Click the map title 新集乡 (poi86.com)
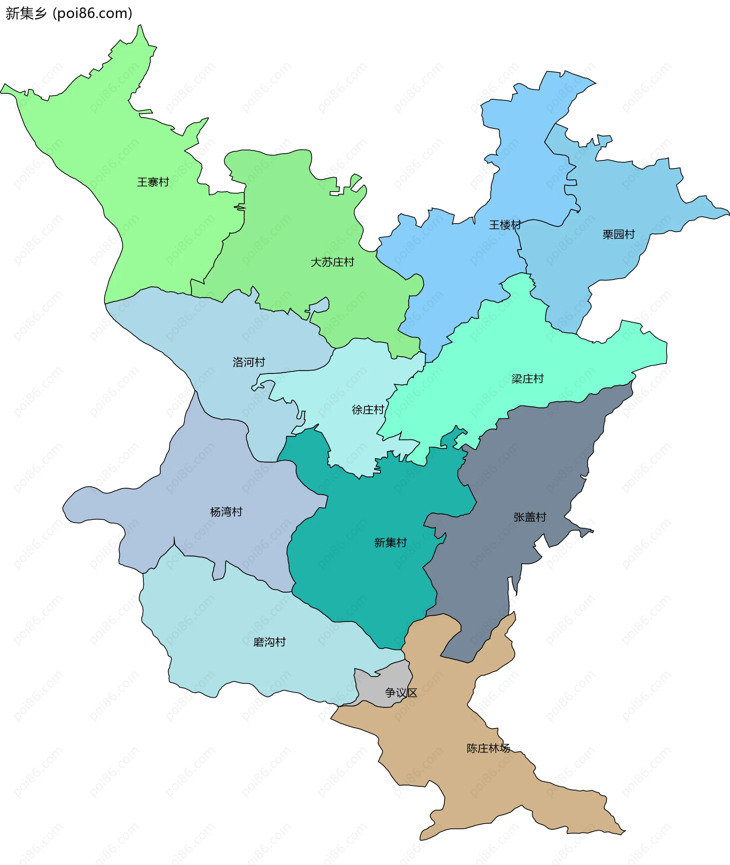(x=69, y=13)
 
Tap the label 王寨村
(x=153, y=182)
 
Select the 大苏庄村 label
(x=332, y=262)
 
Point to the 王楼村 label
(x=505, y=225)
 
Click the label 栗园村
(x=618, y=234)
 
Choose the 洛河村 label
(x=249, y=362)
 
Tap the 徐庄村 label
(x=368, y=410)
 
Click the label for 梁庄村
(x=527, y=379)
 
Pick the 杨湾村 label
(x=226, y=512)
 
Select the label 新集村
(x=390, y=543)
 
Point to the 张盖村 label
(x=530, y=517)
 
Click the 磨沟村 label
(x=270, y=642)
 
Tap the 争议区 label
(x=401, y=692)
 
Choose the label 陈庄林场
(x=488, y=748)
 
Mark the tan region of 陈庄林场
(x=455, y=786)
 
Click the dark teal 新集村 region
(x=364, y=579)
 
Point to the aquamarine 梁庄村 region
(x=497, y=352)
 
